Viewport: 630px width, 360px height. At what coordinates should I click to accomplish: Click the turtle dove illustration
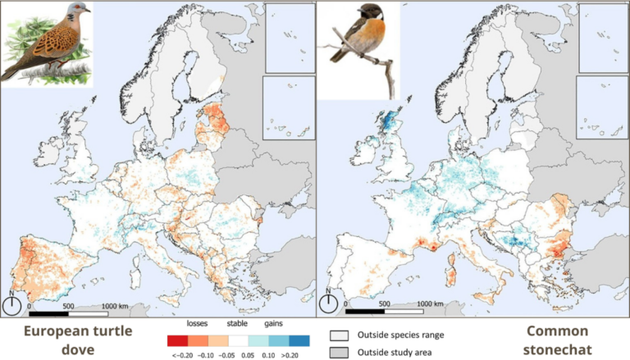point(46,44)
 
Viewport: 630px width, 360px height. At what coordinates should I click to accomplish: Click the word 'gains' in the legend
point(273,324)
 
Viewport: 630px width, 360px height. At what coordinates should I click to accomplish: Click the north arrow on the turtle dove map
point(11,304)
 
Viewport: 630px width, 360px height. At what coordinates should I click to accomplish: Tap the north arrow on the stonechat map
point(327,304)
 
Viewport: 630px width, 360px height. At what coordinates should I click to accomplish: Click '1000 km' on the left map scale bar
point(117,305)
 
